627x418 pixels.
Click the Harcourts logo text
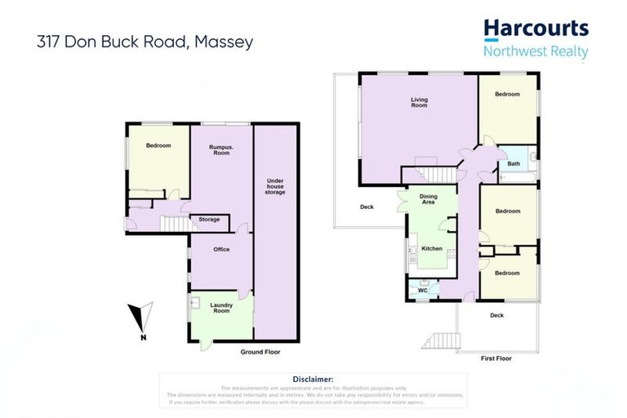(536, 29)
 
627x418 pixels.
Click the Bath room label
(513, 163)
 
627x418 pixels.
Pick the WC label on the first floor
(423, 290)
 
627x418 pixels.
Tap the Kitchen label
(432, 248)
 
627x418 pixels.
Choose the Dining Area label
(429, 199)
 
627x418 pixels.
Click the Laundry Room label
(221, 308)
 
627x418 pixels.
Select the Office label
(221, 249)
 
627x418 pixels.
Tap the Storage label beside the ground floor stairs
(209, 219)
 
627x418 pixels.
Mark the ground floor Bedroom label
(158, 145)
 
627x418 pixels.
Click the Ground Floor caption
(260, 352)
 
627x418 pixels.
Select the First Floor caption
(497, 358)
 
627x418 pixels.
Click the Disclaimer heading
(313, 379)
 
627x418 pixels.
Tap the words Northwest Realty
(536, 51)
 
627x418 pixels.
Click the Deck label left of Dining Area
(367, 207)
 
